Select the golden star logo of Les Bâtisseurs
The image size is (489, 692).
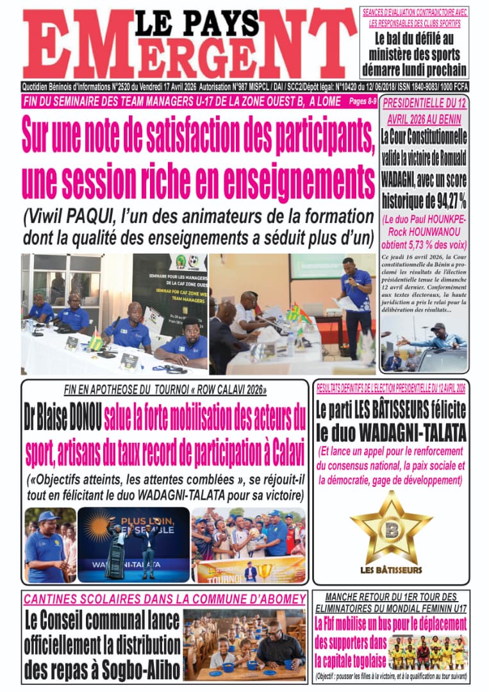click(391, 526)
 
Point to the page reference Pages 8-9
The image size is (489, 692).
click(361, 101)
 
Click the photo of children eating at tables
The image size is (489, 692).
click(244, 645)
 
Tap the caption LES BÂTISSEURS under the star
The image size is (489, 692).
click(391, 570)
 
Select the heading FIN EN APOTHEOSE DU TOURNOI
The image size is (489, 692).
click(165, 390)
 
